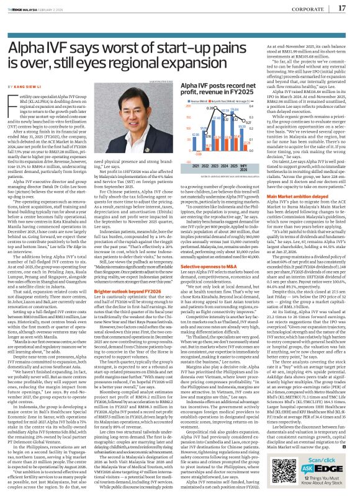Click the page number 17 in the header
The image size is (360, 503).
click(x=341, y=8)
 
